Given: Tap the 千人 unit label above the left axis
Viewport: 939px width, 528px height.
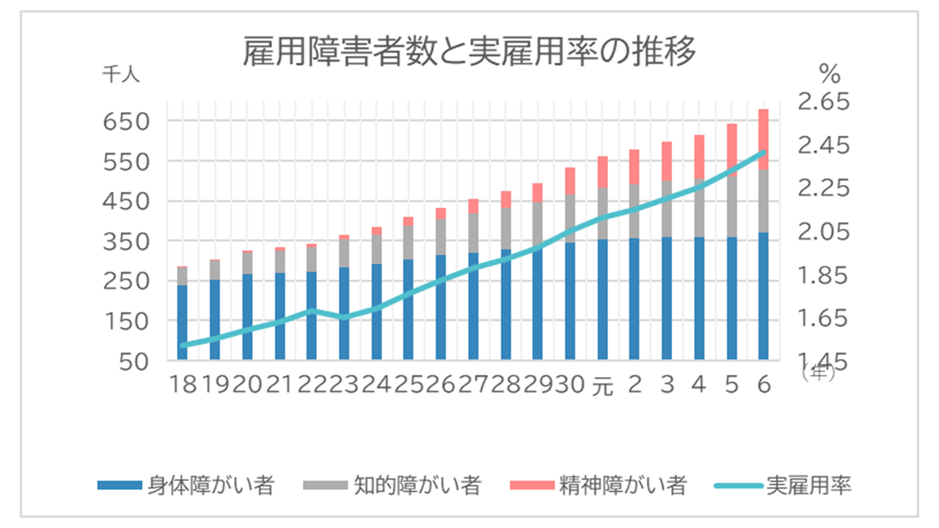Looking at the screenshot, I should [x=121, y=73].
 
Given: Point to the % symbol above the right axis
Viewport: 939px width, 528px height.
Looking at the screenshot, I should [x=829, y=73].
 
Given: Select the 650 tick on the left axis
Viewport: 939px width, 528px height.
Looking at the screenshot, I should [x=126, y=121].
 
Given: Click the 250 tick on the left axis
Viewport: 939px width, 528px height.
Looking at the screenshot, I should [x=126, y=281].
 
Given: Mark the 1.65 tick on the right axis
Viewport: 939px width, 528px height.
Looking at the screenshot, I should [x=822, y=318].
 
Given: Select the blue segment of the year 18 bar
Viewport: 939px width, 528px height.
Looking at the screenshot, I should [x=183, y=323].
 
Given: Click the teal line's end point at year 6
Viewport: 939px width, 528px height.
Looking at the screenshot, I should [x=764, y=153].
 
